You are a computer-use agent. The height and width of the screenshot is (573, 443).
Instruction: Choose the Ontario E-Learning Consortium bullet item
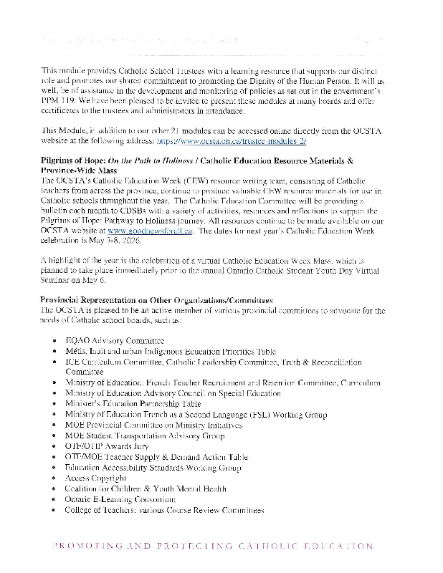click(x=120, y=499)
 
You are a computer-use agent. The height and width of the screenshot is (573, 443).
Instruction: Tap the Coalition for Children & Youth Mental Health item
click(x=146, y=488)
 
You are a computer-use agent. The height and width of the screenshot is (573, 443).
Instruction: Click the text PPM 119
click(x=62, y=102)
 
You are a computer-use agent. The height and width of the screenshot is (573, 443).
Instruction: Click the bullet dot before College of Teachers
click(x=55, y=510)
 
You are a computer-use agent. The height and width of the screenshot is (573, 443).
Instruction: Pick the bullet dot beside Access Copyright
click(x=55, y=478)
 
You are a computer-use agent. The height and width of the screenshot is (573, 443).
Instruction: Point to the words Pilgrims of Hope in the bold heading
click(x=71, y=163)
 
